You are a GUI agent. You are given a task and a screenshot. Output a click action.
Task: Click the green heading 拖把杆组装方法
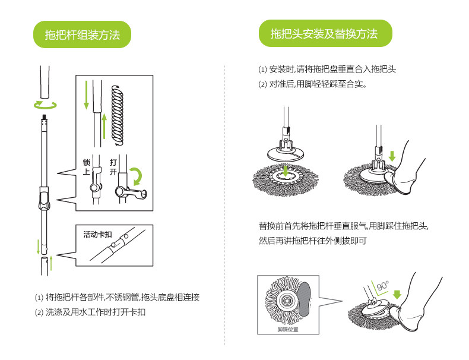tap(81, 35)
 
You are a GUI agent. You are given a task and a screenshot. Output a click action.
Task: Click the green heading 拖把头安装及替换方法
tap(324, 33)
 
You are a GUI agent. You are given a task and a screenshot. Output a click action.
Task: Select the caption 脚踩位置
tap(288, 329)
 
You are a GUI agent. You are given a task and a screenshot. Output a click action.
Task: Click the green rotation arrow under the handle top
tap(45, 105)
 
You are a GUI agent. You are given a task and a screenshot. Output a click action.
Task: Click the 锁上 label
tap(86, 166)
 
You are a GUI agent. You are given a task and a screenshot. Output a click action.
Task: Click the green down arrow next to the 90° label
tap(397, 293)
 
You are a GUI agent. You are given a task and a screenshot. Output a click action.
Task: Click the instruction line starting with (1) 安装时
tap(327, 70)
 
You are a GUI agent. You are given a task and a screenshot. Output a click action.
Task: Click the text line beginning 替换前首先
tap(343, 226)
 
